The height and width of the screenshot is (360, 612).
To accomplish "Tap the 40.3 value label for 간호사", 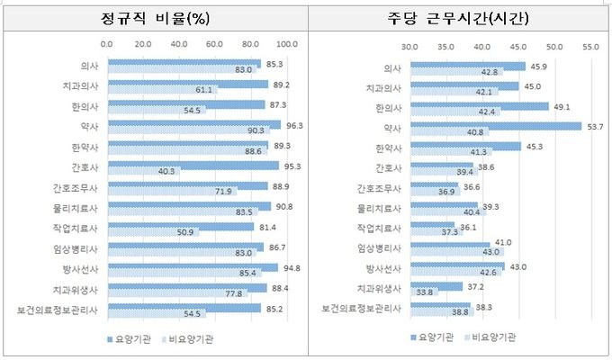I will [x=166, y=171].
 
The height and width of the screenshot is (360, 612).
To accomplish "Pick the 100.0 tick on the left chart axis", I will [x=287, y=43].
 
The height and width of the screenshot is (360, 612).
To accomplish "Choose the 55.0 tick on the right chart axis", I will [x=590, y=43].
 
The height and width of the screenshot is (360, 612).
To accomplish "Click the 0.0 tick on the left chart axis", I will [x=107, y=43].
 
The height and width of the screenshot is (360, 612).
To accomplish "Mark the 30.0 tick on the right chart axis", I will [x=409, y=43].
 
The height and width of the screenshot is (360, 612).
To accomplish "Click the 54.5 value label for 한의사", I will [x=193, y=112].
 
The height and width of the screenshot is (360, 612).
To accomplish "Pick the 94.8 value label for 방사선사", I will [x=289, y=266].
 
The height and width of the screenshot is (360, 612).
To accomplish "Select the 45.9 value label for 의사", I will [x=536, y=65].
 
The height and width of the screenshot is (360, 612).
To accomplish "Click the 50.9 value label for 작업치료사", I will [x=186, y=232].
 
